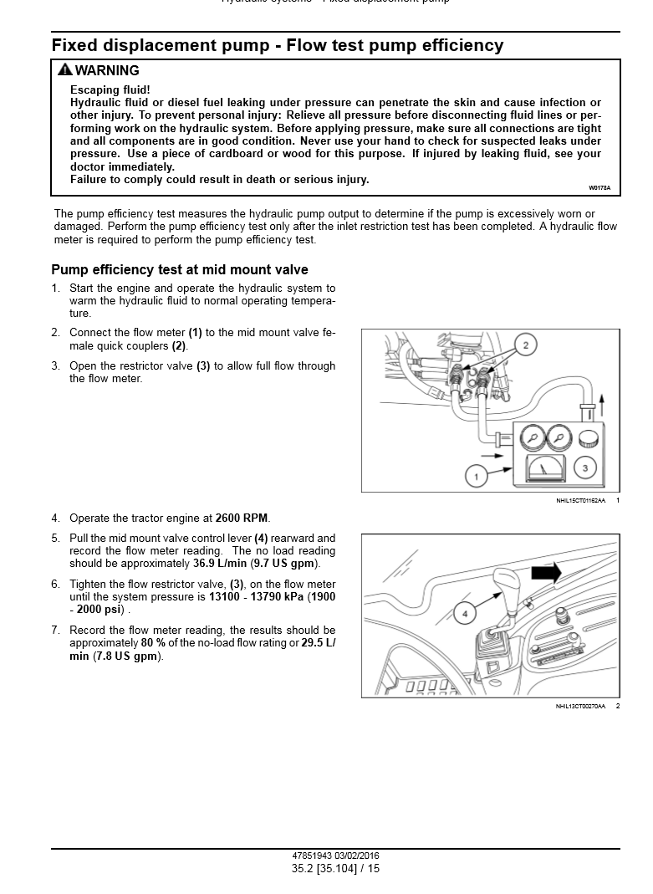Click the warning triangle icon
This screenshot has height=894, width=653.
[64, 70]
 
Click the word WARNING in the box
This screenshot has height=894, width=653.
[107, 71]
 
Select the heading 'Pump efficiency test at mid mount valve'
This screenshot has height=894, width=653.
[180, 269]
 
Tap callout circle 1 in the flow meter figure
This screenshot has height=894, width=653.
[476, 477]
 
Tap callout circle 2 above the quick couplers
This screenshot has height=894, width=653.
[525, 345]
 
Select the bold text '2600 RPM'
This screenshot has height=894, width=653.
[242, 519]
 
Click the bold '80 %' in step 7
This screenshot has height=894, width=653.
[153, 643]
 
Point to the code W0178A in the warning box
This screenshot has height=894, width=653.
[599, 188]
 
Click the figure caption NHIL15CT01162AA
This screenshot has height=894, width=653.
[580, 500]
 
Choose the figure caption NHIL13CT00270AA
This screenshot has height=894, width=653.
[580, 707]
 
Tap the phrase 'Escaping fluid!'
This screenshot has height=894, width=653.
[110, 89]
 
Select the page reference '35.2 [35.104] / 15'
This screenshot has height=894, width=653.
[335, 869]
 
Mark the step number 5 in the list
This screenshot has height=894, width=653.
[55, 539]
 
